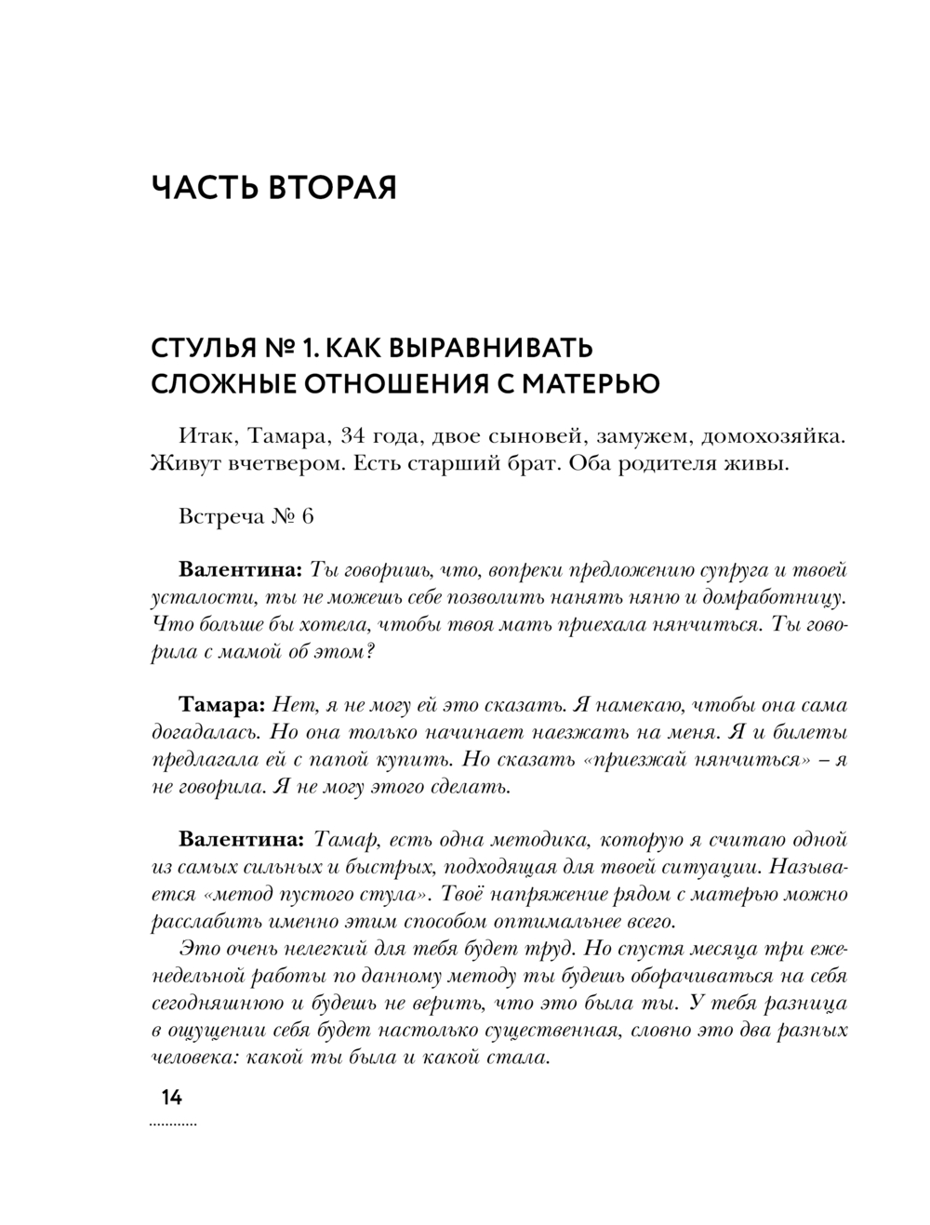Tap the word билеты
click(x=811, y=733)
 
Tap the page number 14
click(x=171, y=1098)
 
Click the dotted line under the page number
click(x=173, y=1125)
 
